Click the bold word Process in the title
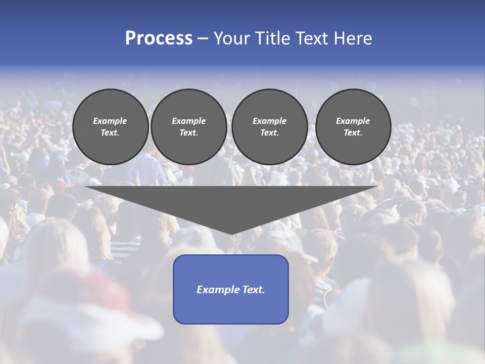(159, 38)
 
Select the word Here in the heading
(353, 38)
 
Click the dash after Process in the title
(203, 39)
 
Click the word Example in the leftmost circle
(110, 121)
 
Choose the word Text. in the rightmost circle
(353, 132)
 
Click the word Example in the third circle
(269, 121)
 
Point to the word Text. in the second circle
(189, 132)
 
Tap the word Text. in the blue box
(252, 290)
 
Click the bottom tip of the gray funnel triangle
(231, 233)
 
